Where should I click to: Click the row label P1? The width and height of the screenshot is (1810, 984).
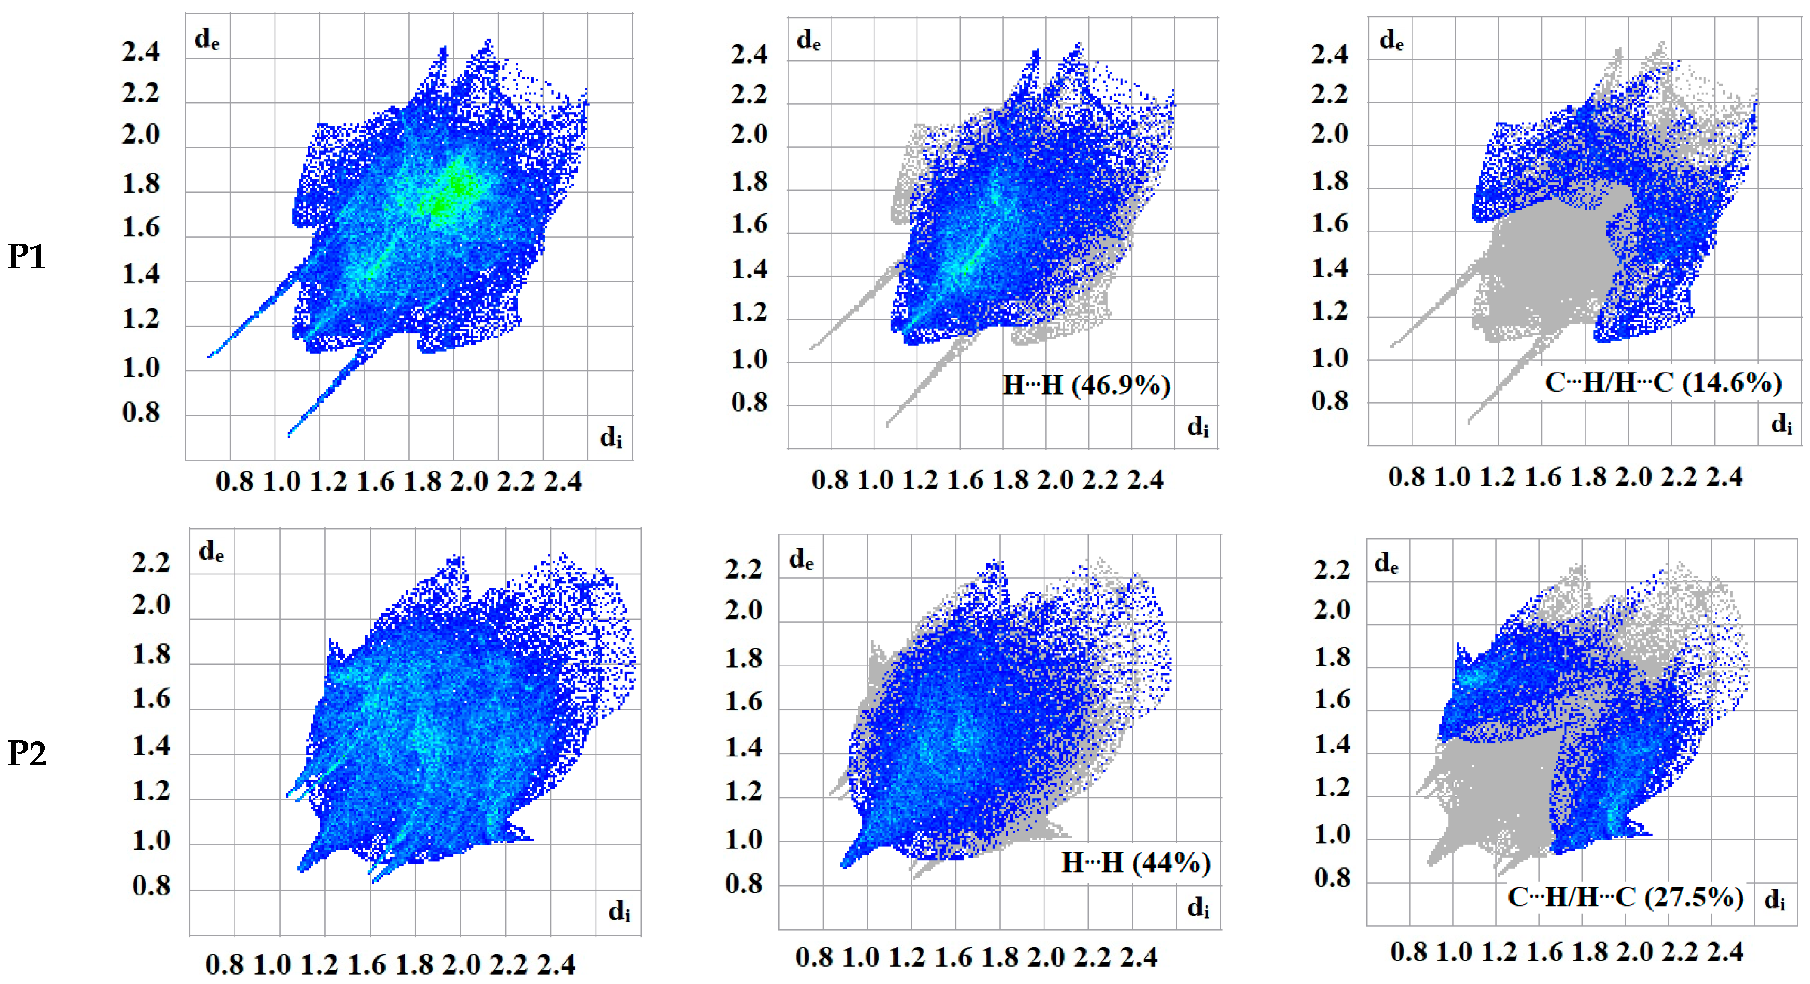(27, 257)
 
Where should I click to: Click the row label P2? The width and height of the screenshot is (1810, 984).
(27, 754)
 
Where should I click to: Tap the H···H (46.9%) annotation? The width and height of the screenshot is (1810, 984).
(1086, 385)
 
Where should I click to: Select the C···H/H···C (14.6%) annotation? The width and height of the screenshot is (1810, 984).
(1662, 383)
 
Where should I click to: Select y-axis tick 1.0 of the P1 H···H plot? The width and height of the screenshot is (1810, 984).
(749, 360)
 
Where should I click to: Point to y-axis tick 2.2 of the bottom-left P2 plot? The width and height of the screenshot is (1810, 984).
(151, 563)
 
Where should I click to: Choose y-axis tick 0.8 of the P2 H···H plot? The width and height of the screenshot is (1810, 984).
(743, 884)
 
